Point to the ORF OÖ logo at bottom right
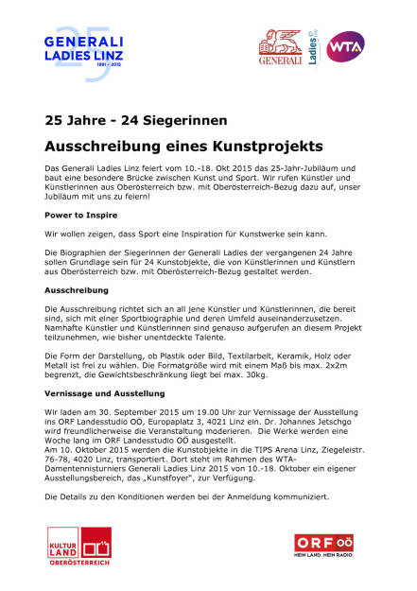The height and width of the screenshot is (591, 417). click(327, 548)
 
